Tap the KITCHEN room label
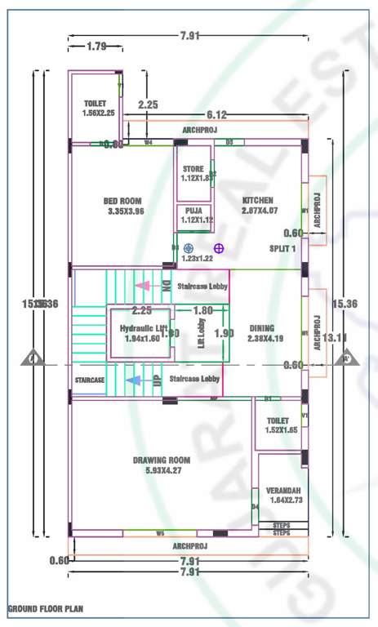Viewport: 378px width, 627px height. (258, 200)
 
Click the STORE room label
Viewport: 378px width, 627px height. (193, 168)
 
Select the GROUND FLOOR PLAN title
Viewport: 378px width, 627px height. (45, 609)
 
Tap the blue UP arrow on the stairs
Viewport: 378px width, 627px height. (131, 380)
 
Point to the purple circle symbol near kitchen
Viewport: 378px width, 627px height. (219, 247)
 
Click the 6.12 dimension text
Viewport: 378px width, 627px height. (216, 114)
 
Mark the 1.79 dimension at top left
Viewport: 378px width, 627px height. (96, 47)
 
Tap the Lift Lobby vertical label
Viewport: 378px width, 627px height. (201, 334)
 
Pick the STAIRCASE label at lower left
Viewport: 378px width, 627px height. (90, 380)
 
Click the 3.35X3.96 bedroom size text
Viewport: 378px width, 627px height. (126, 211)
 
